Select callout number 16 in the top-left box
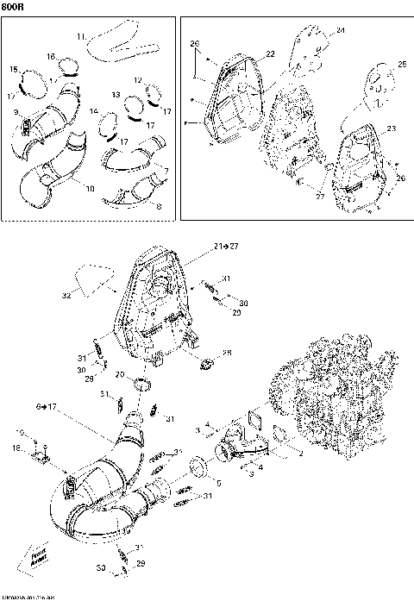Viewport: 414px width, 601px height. click(52, 56)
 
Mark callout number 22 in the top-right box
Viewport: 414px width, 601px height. click(270, 53)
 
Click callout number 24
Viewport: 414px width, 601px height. click(340, 30)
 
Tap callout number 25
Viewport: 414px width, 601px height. click(402, 64)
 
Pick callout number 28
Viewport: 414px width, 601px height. click(228, 354)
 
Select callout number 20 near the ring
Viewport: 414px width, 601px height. click(122, 375)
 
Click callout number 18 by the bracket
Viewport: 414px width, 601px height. click(15, 449)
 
